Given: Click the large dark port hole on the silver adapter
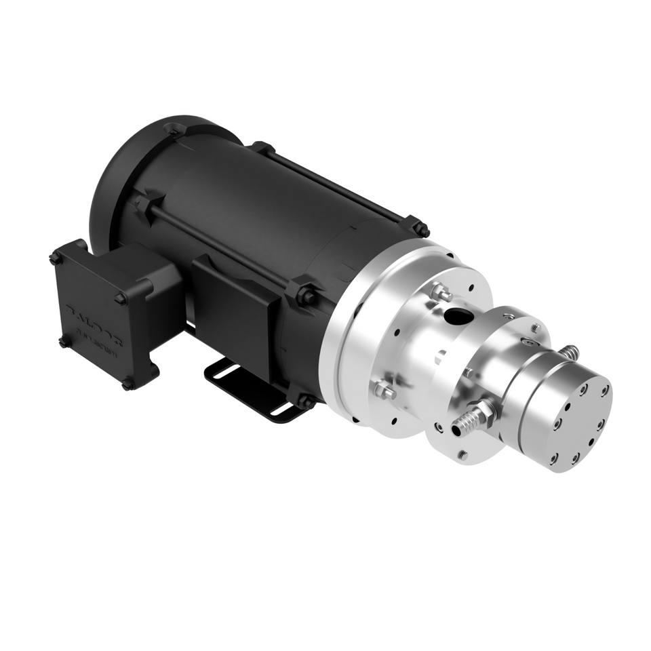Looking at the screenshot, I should click(x=459, y=315).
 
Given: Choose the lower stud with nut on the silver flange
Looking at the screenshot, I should click(x=384, y=390).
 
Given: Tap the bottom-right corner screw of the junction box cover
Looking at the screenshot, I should click(x=127, y=384).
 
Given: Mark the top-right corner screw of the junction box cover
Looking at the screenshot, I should click(x=121, y=297).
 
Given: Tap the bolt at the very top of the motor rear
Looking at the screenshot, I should click(x=174, y=127).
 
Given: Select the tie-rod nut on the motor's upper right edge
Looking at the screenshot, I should click(x=418, y=229).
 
